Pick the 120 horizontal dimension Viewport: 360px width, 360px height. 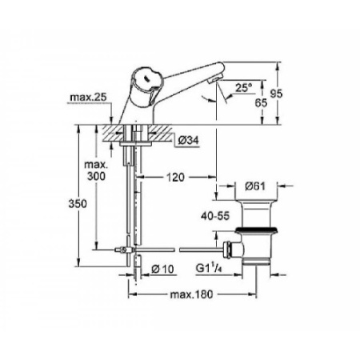click(177, 175)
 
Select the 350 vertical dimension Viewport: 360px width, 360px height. click(74, 204)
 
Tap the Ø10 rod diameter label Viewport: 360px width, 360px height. click(162, 267)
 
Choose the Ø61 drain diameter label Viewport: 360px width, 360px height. click(256, 187)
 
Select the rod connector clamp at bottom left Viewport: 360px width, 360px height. click(124, 250)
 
